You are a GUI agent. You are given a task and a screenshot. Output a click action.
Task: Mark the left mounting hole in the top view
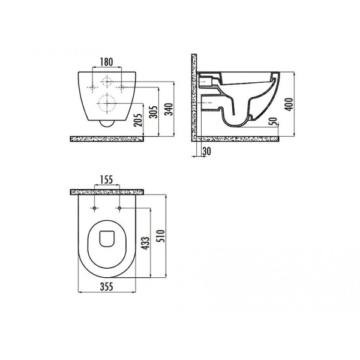[95, 209]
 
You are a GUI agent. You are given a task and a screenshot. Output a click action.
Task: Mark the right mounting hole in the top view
[121, 209]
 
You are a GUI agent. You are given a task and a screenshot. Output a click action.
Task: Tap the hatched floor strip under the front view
[107, 138]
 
